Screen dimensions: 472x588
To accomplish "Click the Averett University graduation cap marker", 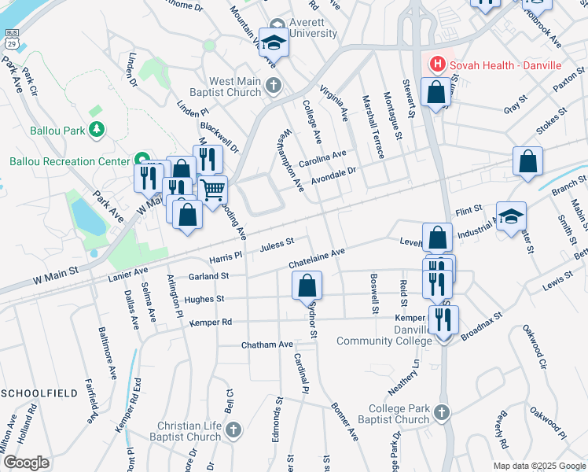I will pos(274,42).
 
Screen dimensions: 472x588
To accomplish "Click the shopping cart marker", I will pos(212,189).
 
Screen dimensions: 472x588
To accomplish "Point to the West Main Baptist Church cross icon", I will pos(273,85).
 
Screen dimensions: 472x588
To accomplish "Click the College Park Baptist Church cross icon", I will pos(442,412).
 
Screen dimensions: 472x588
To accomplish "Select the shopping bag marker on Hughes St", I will pos(307,286).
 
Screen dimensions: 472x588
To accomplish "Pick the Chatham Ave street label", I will pos(266,345).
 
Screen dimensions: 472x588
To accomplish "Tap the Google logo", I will pos(27,463).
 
